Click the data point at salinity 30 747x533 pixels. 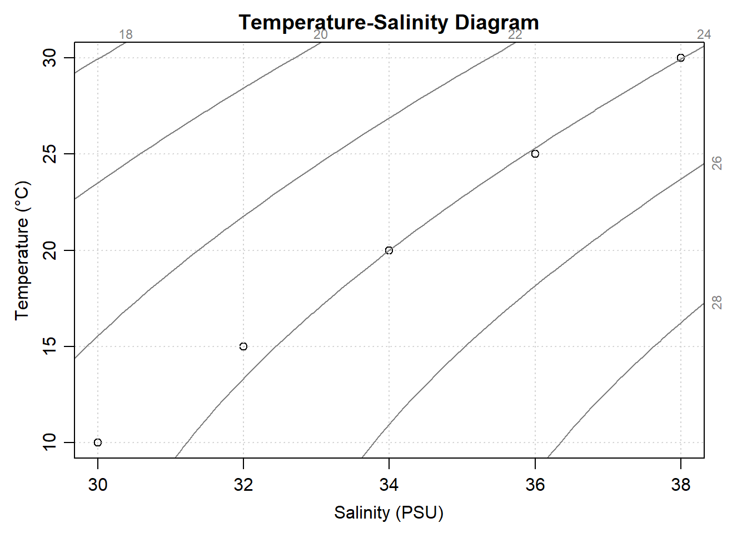click(x=98, y=443)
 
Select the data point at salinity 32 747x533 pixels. click(x=243, y=346)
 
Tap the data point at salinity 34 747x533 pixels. click(x=389, y=250)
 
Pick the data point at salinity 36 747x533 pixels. click(x=535, y=154)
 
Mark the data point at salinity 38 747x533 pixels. click(x=681, y=58)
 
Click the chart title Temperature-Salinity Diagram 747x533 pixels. click(x=389, y=23)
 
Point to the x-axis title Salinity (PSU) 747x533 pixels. click(x=389, y=512)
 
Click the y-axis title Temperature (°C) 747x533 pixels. click(x=22, y=250)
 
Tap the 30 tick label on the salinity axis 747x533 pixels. click(x=98, y=485)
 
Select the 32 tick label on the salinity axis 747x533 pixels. click(x=243, y=485)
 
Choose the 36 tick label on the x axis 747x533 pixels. click(x=535, y=485)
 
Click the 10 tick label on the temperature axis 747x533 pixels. click(x=49, y=443)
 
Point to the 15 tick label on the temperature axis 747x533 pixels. click(x=49, y=346)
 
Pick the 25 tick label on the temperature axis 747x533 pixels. click(x=49, y=154)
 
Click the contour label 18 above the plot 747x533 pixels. click(x=126, y=34)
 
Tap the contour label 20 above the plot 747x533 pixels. click(x=321, y=34)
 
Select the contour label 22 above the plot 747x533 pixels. click(x=515, y=34)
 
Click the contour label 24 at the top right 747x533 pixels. click(x=704, y=34)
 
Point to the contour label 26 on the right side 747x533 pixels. click(x=717, y=163)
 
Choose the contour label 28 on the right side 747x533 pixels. click(x=717, y=303)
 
